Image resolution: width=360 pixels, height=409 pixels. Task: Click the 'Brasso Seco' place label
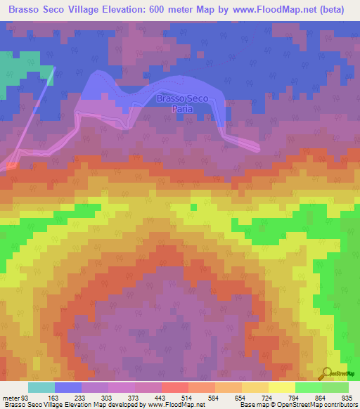(181, 99)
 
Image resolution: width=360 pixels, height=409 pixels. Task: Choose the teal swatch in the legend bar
(41, 387)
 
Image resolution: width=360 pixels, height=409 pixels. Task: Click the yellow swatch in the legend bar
(282, 387)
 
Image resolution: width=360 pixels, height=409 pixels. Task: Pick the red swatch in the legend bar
(175, 387)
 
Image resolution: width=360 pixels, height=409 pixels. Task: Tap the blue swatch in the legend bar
(68, 387)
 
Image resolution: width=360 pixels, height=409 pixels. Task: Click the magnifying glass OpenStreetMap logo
(325, 373)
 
